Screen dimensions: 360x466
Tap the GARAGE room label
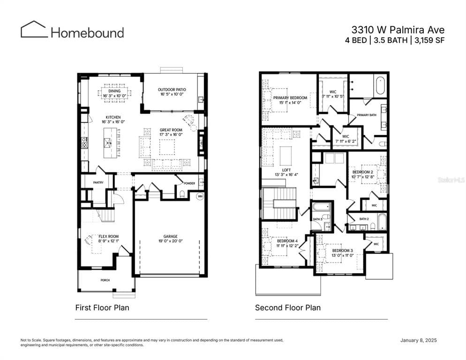pos(170,236)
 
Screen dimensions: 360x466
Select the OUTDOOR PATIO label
pos(172,90)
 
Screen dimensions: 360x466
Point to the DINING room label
pos(114,91)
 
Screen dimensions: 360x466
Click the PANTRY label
pos(98,183)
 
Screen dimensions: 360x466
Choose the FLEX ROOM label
pos(108,236)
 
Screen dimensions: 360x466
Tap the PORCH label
pos(105,280)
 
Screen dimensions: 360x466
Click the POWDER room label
pos(189,183)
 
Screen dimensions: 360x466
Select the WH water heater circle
pos(200,196)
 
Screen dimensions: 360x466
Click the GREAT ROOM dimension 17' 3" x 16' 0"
pos(171,135)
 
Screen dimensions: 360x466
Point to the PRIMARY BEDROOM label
pos(290,97)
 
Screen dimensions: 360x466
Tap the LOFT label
pos(286,170)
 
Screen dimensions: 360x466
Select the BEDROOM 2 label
pos(362,172)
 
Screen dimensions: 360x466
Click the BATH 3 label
pos(317,219)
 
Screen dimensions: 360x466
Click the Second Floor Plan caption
pos(288,308)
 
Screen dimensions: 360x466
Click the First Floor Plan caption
pos(102,308)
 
